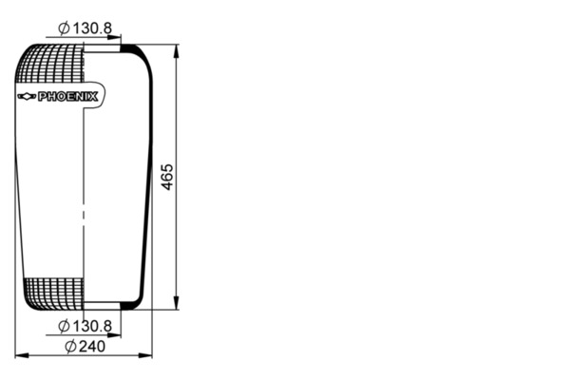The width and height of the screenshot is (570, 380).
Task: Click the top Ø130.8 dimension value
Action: pyautogui.click(x=85, y=28)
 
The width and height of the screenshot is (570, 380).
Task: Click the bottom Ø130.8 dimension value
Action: pyautogui.click(x=85, y=326)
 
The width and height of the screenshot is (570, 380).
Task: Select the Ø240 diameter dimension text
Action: pyautogui.click(x=85, y=347)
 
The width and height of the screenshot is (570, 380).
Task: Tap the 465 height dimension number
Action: pyautogui.click(x=167, y=177)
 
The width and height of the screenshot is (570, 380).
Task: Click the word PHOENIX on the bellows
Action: pyautogui.click(x=68, y=97)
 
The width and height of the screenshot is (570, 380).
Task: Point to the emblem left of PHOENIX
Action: pyautogui.click(x=27, y=96)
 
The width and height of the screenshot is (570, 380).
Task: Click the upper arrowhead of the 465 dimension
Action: pyautogui.click(x=177, y=51)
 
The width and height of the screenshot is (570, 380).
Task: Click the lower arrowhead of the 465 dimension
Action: pyautogui.click(x=177, y=303)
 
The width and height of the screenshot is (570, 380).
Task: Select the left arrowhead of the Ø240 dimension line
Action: pyautogui.click(x=22, y=355)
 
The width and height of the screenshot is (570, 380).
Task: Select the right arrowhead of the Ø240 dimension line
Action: pyautogui.click(x=145, y=355)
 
